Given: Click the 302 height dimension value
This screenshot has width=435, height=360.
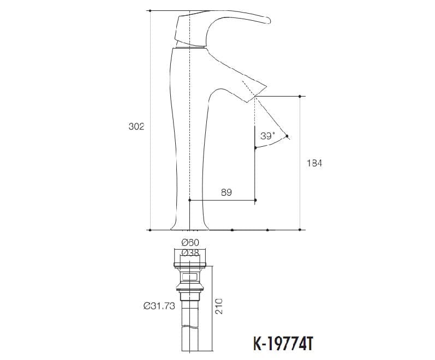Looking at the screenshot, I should [136, 127].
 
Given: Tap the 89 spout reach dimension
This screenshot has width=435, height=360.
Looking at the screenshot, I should [227, 193].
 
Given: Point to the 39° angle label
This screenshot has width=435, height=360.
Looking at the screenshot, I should [267, 136].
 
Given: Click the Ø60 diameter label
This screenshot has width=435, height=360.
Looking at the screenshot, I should [190, 242].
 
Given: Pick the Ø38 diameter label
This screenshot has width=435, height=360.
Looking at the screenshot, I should [190, 252].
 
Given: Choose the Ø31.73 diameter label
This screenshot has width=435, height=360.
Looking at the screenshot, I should [159, 307].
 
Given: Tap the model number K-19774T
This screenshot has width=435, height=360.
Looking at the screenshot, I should [284, 345].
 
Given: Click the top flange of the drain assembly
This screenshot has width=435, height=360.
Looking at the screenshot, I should [190, 265].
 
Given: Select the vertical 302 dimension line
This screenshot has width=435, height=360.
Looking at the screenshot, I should [150, 164].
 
